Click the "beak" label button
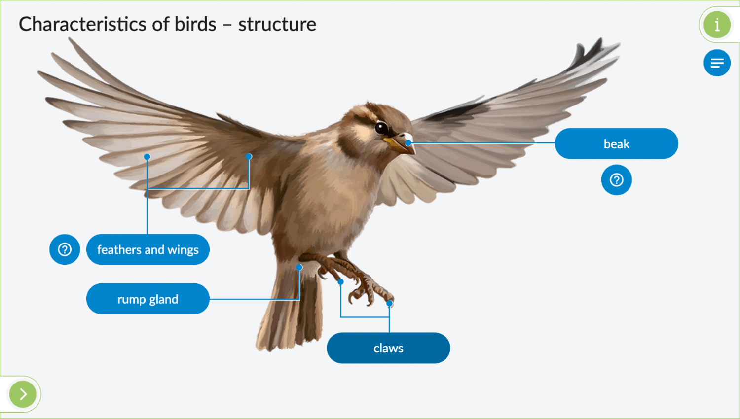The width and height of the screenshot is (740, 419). click(616, 144)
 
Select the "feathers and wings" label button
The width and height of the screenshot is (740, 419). click(148, 250)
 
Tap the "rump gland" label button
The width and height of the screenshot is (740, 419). click(148, 299)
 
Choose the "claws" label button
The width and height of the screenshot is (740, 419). click(388, 349)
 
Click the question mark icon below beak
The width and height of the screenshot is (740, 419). click(616, 180)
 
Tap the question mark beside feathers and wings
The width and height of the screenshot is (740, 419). click(65, 249)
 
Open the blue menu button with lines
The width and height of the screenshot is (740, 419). click(717, 63)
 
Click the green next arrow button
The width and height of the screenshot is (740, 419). click(23, 394)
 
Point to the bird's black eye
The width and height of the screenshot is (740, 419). click(381, 128)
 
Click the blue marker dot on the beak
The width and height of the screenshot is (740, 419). click(408, 143)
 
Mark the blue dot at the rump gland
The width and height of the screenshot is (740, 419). click(299, 267)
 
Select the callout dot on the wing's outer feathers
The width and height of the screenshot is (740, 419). click(147, 157)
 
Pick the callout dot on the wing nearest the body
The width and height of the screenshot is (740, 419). click(249, 156)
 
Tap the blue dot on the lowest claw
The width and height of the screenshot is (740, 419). click(390, 303)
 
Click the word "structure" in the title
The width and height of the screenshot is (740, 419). click(277, 24)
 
